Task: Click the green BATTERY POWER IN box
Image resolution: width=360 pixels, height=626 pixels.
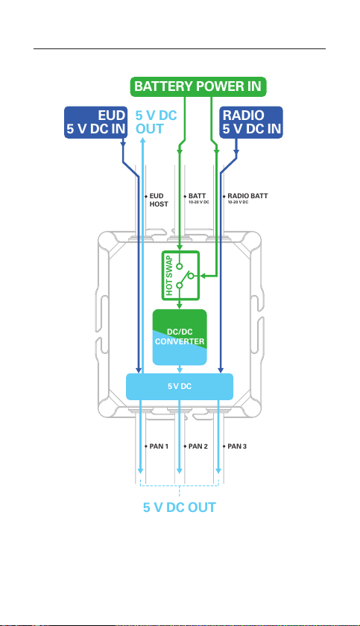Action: [x=198, y=86]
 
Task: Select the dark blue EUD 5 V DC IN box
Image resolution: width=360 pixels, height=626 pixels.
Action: [x=96, y=122]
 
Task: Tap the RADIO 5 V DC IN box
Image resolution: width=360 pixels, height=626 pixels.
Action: [x=251, y=122]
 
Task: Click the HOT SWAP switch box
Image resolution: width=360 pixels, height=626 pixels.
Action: [x=180, y=275]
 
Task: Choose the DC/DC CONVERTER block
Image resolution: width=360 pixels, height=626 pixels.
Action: [x=180, y=337]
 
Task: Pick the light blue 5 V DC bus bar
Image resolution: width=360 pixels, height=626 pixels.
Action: [x=180, y=387]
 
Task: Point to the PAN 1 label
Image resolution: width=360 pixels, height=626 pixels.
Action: [x=159, y=446]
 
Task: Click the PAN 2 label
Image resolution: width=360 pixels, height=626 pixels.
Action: [x=198, y=446]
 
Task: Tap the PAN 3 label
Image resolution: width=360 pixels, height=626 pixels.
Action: [x=237, y=446]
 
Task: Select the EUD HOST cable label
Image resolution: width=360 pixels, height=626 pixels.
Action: [x=159, y=200]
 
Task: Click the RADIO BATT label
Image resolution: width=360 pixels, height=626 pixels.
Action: [x=247, y=196]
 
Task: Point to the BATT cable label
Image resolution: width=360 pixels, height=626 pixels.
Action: [x=198, y=196]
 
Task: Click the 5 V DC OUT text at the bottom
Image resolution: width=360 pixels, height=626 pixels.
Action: [x=180, y=508]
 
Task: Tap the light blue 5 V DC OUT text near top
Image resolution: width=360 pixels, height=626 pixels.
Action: [x=156, y=122]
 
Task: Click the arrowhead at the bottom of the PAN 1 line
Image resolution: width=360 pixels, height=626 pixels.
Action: [x=140, y=470]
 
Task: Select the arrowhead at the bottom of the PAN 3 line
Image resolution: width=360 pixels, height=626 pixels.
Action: [x=218, y=470]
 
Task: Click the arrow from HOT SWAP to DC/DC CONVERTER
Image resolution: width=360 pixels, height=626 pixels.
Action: [x=180, y=304]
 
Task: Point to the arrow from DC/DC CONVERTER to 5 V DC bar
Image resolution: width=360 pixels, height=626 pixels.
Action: [x=180, y=370]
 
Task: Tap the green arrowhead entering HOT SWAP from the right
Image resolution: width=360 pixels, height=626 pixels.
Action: [x=203, y=276]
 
